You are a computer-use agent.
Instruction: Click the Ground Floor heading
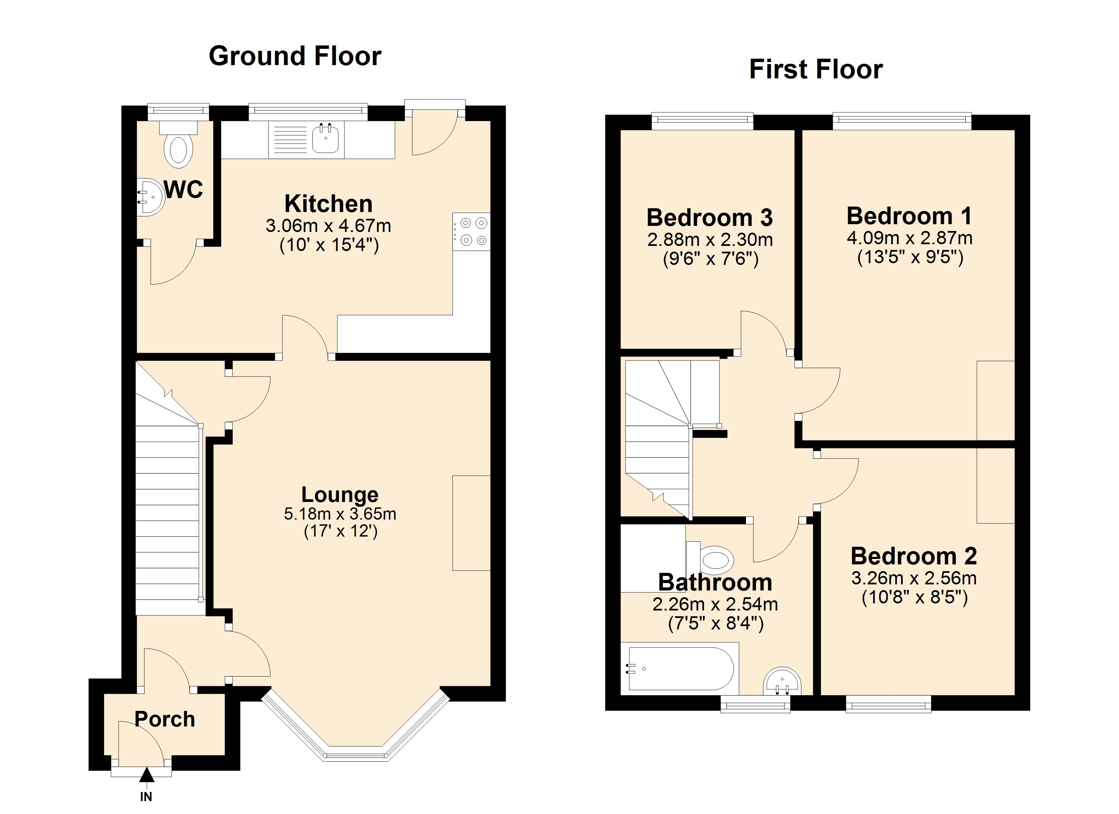click(x=295, y=56)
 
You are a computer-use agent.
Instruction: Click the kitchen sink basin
click(x=326, y=139)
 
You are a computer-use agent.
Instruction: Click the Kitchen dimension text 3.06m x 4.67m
click(x=328, y=226)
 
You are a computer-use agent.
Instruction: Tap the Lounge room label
click(x=340, y=495)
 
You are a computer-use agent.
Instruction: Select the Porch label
click(x=165, y=719)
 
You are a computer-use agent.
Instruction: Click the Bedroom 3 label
click(x=709, y=218)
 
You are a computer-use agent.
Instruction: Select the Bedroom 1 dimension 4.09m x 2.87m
click(x=909, y=238)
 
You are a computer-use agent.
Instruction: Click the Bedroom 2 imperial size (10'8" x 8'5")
click(x=914, y=598)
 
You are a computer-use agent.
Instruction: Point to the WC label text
click(x=183, y=190)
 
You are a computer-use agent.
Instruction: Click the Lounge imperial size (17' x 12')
click(x=340, y=531)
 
